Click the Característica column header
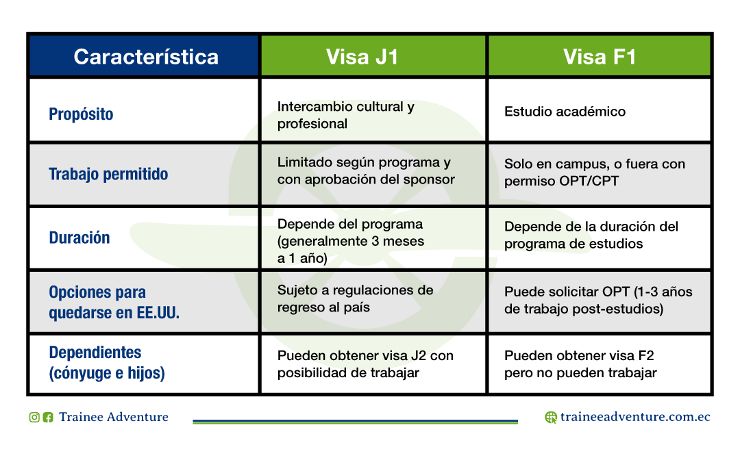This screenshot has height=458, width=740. coord(146,57)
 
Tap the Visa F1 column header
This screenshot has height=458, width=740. coord(600,57)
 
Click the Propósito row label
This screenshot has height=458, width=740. coord(81,114)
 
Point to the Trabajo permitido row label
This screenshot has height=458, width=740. coord(108,174)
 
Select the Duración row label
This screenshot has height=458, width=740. coord(79,238)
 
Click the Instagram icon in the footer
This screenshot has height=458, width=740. coord(34,418)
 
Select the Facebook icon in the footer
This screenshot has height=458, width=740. coord(48,418)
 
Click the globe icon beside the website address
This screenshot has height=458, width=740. coord(551,418)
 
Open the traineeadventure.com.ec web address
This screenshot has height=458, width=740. coord(635,417)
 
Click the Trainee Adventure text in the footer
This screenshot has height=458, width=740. coord(114,417)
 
